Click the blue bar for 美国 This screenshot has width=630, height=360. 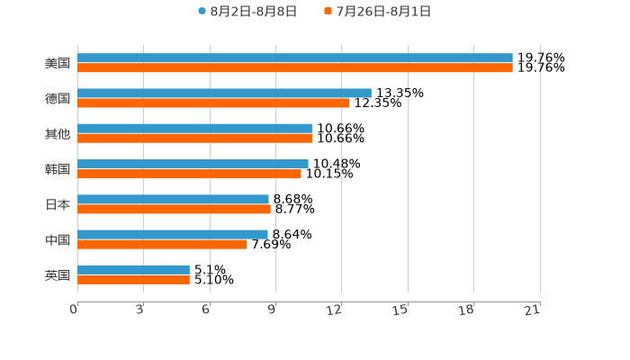click(295, 58)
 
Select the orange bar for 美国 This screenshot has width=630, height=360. click(295, 67)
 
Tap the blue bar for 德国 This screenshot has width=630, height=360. click(224, 93)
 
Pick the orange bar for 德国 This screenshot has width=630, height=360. click(213, 103)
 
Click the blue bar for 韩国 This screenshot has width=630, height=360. click(193, 164)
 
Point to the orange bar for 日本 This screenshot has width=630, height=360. click(174, 209)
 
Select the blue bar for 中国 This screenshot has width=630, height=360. click(173, 234)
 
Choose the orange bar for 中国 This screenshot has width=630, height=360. click(162, 244)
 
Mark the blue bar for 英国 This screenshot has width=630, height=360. click(133, 269)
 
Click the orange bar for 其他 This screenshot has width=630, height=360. click(194, 138)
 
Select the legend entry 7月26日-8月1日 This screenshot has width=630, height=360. click(382, 12)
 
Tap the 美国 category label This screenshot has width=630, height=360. click(58, 64)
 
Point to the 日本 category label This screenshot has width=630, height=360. click(58, 204)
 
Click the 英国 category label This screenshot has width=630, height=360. click(58, 274)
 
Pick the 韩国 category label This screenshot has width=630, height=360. click(58, 169)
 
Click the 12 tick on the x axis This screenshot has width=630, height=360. click(335, 310)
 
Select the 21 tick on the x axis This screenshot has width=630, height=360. click(532, 310)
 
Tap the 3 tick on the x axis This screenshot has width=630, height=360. click(139, 310)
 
